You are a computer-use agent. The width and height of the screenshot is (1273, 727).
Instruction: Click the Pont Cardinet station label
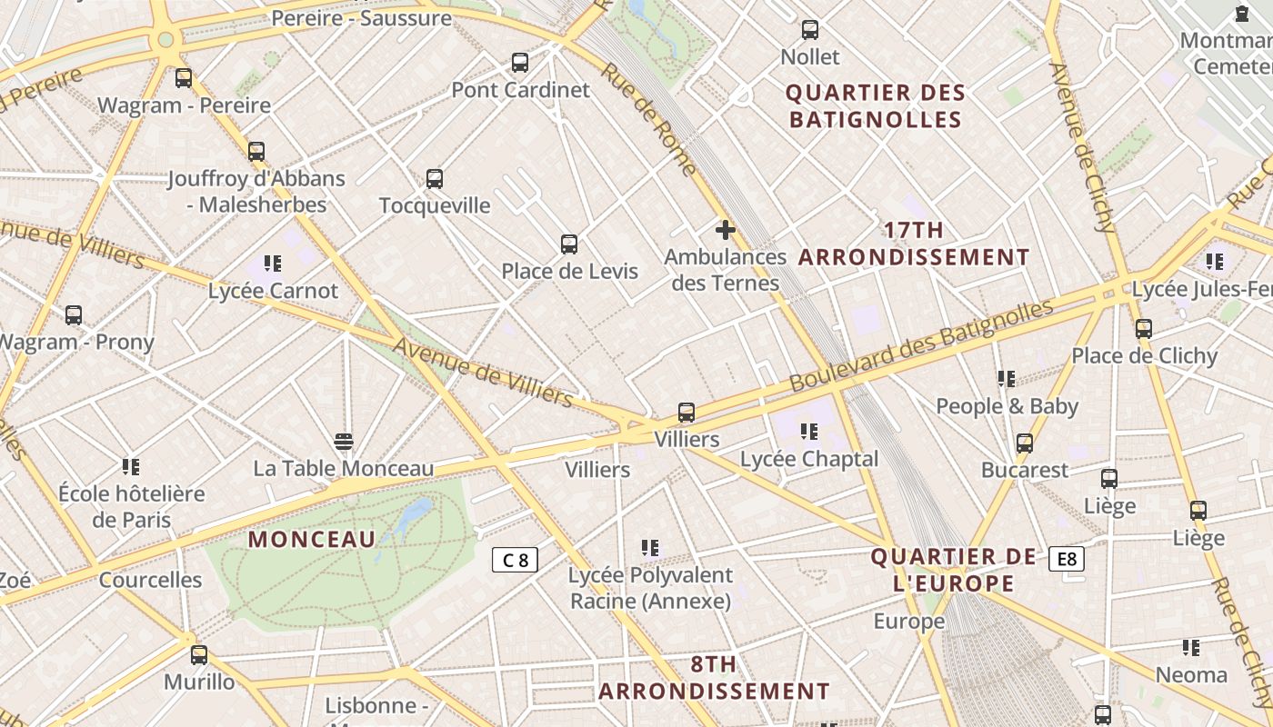(520, 90)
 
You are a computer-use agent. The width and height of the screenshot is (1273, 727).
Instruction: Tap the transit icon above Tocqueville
(435, 179)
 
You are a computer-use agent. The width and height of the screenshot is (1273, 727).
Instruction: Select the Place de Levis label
(570, 271)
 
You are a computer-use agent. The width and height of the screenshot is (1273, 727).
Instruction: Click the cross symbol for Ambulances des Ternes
(725, 230)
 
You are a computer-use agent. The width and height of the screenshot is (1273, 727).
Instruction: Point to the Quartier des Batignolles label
(875, 106)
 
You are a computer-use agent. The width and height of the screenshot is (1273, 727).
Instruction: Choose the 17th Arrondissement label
(914, 244)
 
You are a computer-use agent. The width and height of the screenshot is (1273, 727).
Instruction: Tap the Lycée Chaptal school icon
(808, 431)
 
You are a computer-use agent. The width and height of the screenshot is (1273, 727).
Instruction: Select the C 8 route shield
(515, 560)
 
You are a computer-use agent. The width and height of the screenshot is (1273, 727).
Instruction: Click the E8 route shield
(1067, 559)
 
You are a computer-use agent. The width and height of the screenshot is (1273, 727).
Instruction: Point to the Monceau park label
(312, 539)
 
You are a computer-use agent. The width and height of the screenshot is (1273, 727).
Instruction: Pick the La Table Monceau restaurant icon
(344, 442)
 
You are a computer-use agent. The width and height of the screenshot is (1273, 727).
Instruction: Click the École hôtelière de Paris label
(132, 507)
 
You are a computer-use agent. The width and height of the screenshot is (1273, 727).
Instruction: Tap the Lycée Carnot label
(273, 291)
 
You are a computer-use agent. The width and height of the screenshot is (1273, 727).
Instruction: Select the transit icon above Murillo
(199, 654)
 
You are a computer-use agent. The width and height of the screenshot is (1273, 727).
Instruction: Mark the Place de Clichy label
(1144, 355)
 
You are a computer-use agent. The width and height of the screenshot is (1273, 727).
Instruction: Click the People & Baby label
(1007, 406)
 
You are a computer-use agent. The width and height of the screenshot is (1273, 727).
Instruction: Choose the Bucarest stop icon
(1025, 443)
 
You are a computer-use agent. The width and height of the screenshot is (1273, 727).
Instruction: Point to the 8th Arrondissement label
(714, 678)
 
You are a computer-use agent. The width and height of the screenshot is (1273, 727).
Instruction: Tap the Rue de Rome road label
(648, 119)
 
